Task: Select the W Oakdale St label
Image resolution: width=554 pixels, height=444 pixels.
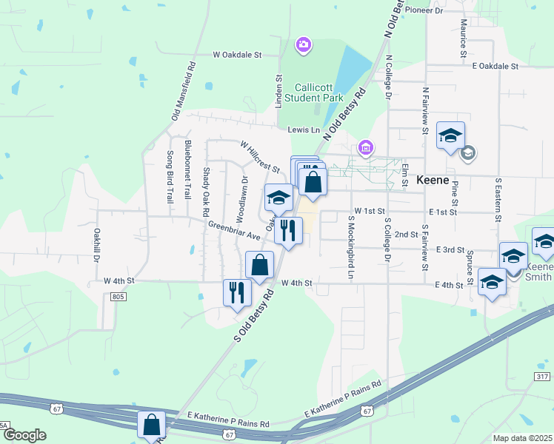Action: [x=238, y=55]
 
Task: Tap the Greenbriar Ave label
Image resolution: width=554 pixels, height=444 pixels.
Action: [x=234, y=231]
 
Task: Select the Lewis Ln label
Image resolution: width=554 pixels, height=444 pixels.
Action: [x=304, y=129]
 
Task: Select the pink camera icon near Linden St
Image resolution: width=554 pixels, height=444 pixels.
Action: [x=303, y=47]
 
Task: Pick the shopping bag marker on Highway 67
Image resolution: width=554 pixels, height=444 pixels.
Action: [x=152, y=425]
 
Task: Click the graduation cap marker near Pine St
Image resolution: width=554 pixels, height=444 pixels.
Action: [x=450, y=135]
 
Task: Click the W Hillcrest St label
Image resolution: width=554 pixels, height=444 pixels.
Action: [x=259, y=157]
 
